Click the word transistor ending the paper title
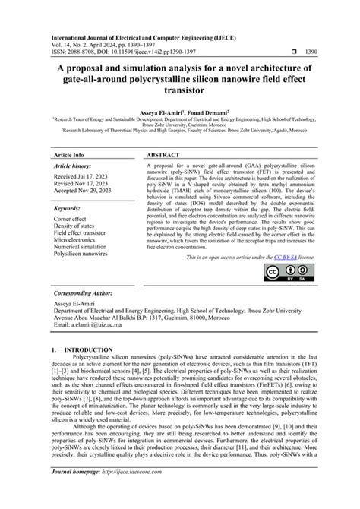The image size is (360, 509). pyautogui.click(x=179, y=89)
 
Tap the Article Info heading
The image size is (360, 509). pyautogui.click(x=68, y=153)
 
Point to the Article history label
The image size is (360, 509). pyautogui.click(x=74, y=166)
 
